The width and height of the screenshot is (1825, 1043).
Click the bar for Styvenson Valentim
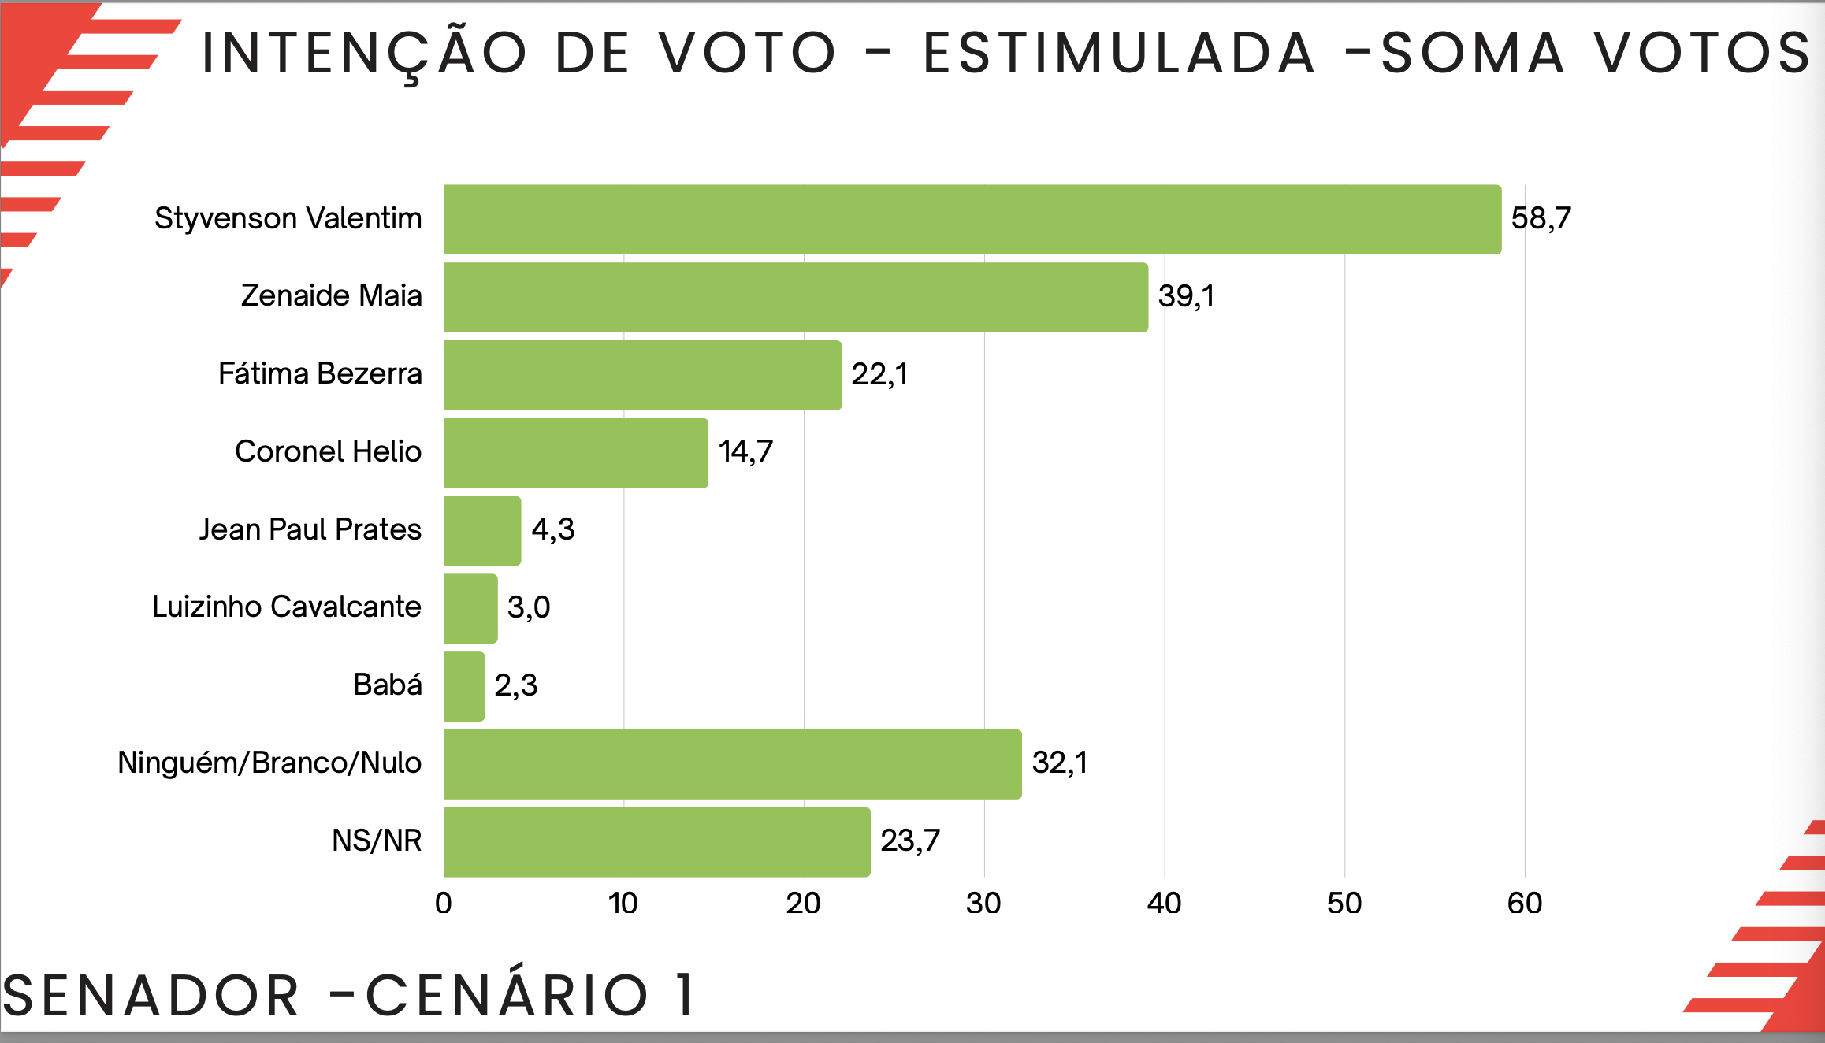coord(972,219)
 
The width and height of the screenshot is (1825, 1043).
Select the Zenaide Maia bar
coord(795,297)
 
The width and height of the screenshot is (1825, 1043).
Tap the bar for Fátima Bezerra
coord(642,375)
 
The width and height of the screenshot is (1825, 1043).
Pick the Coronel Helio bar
coord(575,453)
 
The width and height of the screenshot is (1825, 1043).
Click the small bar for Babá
coord(464,686)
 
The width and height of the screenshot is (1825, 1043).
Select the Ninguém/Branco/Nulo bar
coord(732,764)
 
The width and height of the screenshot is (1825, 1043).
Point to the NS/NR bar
coord(656,842)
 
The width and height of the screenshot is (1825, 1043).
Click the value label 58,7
coord(1541,218)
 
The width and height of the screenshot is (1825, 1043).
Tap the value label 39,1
coord(1186,296)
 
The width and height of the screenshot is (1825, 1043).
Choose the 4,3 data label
coord(552,529)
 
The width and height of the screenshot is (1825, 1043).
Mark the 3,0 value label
coord(528,607)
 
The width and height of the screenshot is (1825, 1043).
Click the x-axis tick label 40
coord(1164,904)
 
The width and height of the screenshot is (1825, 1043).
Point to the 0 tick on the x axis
coord(444,904)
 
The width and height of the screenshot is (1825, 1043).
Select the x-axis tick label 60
coord(1524,904)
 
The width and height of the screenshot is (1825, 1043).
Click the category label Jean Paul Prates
coord(310,529)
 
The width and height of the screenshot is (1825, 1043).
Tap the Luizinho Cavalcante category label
coord(286,607)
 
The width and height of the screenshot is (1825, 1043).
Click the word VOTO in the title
coord(747,54)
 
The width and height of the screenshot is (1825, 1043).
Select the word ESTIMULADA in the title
coord(1119,54)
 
